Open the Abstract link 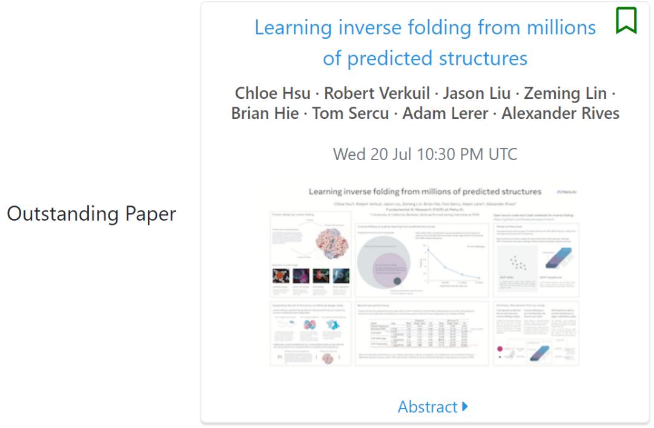427,407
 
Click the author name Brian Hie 265,113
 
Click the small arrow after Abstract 464,407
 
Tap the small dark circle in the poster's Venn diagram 397,281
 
